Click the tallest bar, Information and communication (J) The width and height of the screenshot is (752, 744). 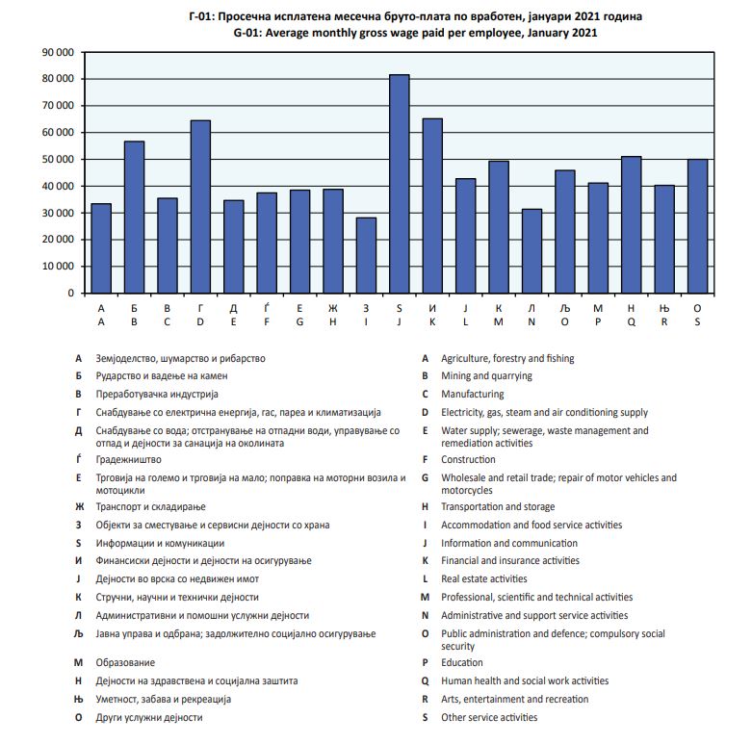tap(399, 184)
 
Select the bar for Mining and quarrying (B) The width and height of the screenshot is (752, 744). tap(134, 217)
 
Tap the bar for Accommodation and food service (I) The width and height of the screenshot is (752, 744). tap(366, 255)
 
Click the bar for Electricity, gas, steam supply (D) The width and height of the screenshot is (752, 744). tap(200, 206)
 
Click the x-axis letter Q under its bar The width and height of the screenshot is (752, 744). tap(631, 322)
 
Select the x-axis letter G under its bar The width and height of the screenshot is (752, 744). tap(299, 322)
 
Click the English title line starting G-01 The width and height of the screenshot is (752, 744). tap(415, 33)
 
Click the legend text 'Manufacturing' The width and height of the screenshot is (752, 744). tap(472, 395)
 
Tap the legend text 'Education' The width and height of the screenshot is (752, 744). tap(462, 663)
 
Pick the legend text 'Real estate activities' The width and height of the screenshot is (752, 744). tap(484, 579)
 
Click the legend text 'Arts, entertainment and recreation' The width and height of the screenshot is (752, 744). tap(514, 700)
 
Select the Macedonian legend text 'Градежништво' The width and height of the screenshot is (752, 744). tap(128, 460)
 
